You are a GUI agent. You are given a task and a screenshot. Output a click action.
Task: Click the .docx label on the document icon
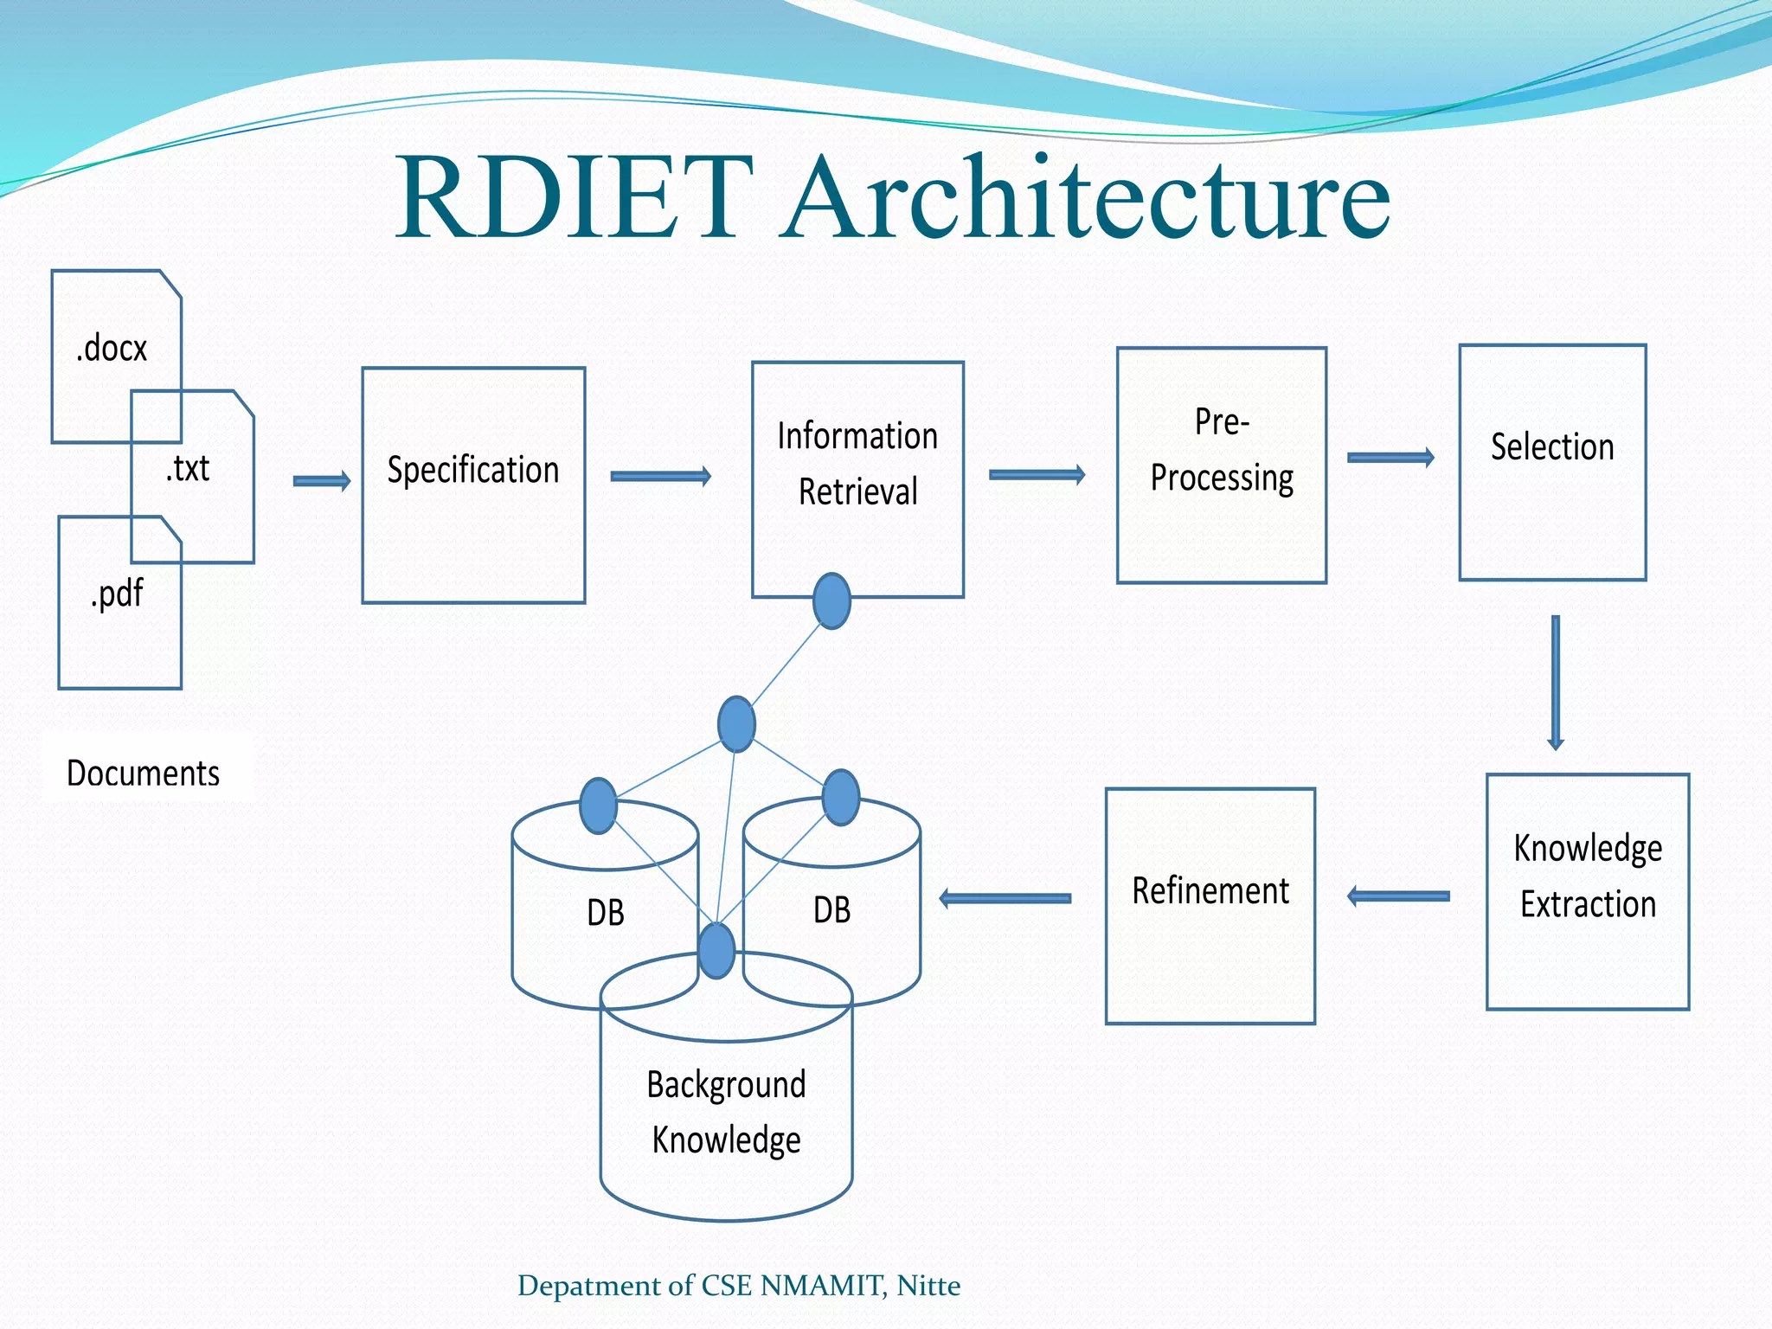tap(112, 349)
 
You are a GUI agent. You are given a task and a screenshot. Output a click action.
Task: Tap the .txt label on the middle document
tap(188, 468)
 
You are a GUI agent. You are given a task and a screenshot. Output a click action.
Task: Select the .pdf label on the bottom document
tap(117, 594)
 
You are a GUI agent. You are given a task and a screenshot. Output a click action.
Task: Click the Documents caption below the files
tap(144, 773)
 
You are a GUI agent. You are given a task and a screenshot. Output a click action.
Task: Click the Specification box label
tap(473, 470)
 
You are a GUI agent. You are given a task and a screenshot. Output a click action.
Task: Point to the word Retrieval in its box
tap(857, 491)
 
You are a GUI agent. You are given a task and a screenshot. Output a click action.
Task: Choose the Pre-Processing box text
tap(1222, 451)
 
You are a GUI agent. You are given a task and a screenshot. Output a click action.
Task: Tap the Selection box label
tap(1552, 447)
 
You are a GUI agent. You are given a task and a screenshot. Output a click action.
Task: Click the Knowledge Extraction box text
tap(1588, 876)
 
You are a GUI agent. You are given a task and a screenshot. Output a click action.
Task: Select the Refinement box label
tap(1210, 890)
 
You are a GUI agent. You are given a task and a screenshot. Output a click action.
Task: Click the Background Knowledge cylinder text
tap(727, 1112)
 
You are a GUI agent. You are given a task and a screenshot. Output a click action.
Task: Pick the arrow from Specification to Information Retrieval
tap(660, 476)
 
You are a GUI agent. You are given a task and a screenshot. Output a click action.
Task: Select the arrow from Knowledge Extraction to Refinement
tap(1399, 896)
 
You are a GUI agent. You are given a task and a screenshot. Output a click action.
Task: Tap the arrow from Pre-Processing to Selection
tap(1390, 458)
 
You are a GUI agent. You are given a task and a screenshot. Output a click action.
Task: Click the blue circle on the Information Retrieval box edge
tap(832, 600)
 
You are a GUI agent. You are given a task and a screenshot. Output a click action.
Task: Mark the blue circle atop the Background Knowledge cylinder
tap(716, 950)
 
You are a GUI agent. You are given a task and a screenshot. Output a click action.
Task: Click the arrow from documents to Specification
tap(322, 481)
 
